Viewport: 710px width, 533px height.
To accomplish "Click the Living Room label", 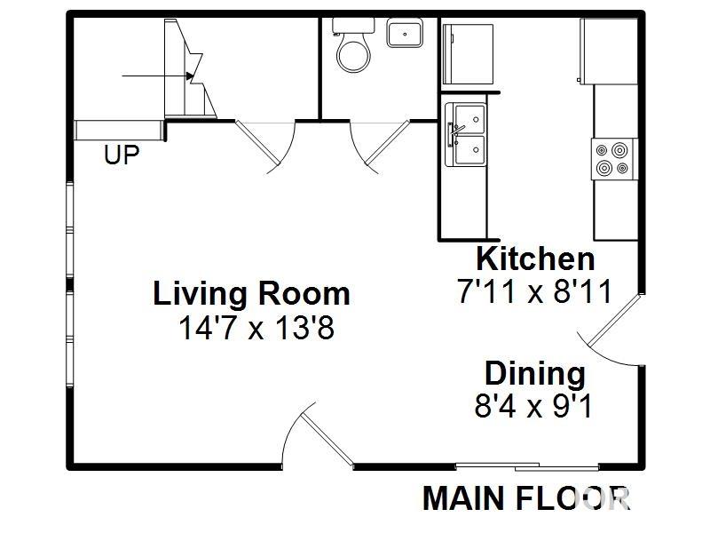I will (x=252, y=293).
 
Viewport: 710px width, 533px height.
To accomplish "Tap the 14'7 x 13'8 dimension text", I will (x=256, y=329).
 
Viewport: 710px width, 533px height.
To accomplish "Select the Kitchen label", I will (x=535, y=259).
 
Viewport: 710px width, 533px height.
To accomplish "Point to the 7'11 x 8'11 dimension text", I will (x=535, y=290).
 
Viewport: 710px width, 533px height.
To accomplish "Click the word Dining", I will (x=534, y=373).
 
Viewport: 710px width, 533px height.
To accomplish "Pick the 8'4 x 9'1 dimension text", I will (x=534, y=406).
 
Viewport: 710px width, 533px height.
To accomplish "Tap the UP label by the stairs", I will (x=122, y=155).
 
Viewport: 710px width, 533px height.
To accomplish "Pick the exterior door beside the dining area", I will (x=612, y=333).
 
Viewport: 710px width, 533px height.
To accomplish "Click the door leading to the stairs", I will (x=268, y=142).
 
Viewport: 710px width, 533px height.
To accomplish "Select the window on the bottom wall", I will (x=527, y=466).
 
